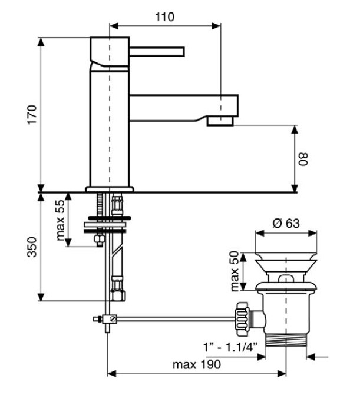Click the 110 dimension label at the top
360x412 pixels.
[165, 17]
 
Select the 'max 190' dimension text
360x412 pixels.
[197, 365]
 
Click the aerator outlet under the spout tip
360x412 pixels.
[220, 121]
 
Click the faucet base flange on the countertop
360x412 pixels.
[110, 189]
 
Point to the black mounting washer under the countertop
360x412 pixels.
[105, 231]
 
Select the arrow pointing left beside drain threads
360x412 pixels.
[318, 355]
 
